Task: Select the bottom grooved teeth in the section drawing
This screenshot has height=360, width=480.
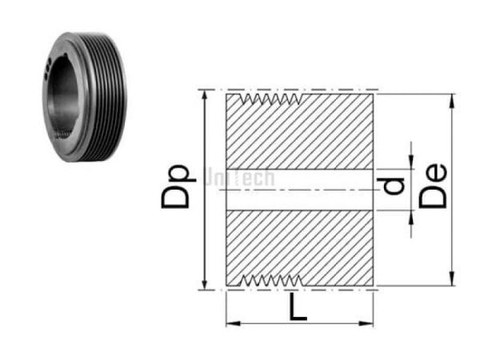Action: tap(272, 280)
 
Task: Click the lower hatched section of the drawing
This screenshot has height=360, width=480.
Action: tap(300, 244)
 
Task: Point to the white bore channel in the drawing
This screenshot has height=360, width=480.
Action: tap(300, 190)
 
